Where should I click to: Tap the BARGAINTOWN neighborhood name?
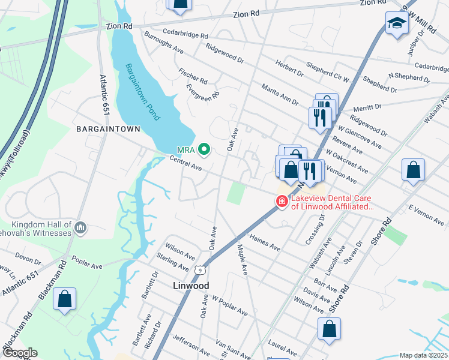pos(108,129)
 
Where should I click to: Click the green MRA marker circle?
pos(203,149)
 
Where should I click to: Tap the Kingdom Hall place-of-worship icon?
pos(81,226)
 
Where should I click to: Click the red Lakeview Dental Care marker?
pos(281,202)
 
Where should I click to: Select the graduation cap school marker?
pos(396,23)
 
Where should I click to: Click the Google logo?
pos(20,353)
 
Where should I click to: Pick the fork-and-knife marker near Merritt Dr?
pos(319,116)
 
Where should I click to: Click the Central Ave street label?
pos(185,164)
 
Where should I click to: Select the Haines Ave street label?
pos(265,243)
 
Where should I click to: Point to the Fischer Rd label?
pos(193,76)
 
